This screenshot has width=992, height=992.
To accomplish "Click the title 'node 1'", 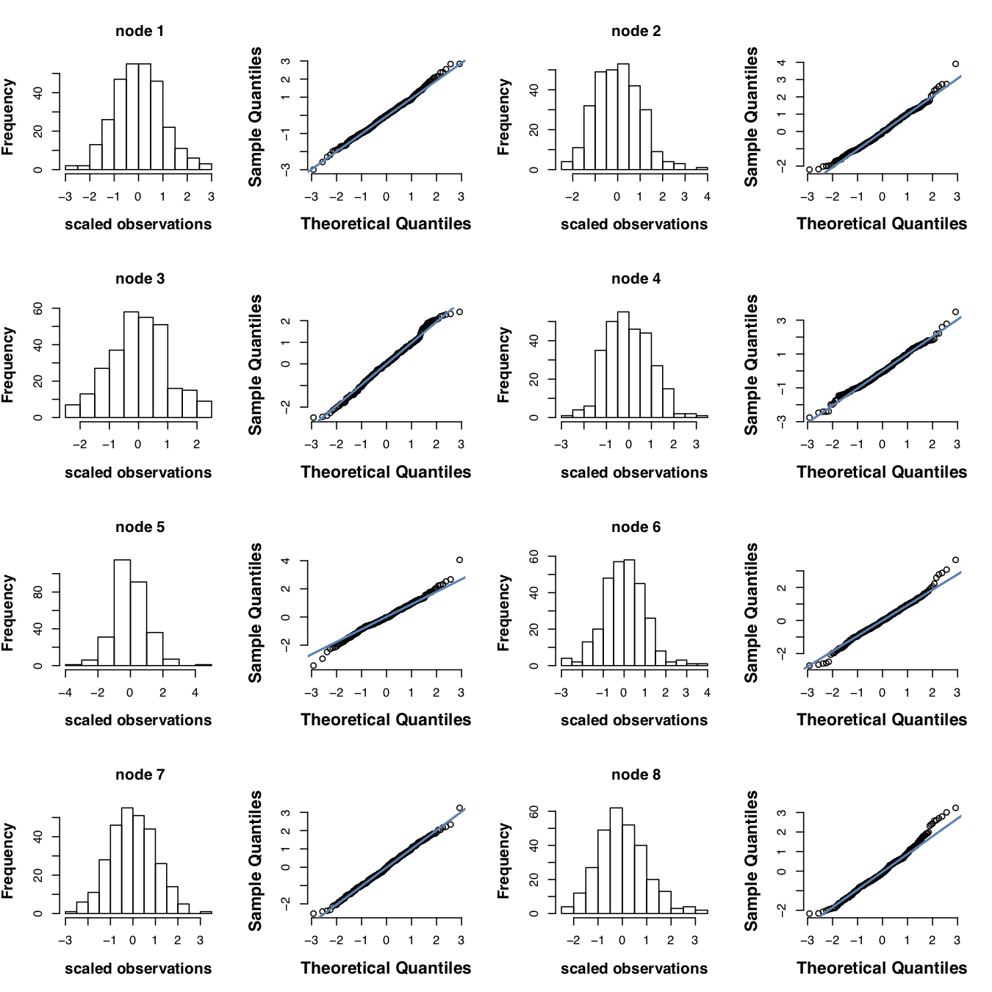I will [140, 31].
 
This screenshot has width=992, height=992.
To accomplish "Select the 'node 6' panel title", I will [636, 527].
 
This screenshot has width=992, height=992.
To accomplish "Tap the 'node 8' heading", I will [636, 774].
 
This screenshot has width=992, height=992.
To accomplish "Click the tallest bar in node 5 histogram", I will [122, 613].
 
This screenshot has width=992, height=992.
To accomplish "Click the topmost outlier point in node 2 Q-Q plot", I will [955, 64].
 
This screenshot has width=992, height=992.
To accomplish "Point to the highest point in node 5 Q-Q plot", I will [460, 560].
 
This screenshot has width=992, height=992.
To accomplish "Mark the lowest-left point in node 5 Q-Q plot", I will [313, 666].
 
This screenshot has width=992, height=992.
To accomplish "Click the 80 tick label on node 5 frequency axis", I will [38, 592].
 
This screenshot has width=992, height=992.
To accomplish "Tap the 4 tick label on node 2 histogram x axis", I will [707, 197].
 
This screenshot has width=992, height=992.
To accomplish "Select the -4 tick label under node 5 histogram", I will [65, 693].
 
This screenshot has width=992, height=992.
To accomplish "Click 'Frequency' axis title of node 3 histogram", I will [8, 364].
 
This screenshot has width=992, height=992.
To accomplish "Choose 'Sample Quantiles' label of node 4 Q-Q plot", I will [750, 364].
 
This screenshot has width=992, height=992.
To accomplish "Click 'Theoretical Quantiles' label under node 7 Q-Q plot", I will [386, 968].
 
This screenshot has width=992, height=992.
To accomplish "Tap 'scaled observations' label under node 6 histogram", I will [634, 720].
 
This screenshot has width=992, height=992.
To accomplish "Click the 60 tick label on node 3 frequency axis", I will [38, 309].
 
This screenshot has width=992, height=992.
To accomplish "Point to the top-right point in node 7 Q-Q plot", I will [460, 808].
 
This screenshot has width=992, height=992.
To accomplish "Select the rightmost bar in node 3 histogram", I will [204, 409].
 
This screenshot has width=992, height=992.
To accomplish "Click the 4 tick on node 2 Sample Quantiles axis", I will [782, 63].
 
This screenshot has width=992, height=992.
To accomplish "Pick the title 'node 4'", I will [636, 278].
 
